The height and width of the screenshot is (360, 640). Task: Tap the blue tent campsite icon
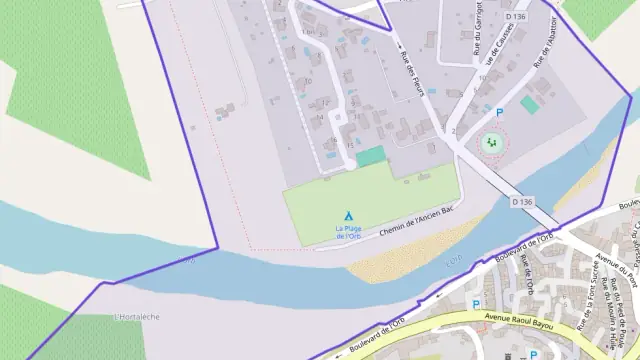348,216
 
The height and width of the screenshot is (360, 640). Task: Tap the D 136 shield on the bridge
521,202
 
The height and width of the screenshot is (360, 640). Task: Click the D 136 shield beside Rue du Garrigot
516,17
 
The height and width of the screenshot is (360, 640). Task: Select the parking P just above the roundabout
499,113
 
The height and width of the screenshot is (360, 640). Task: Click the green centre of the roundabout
491,143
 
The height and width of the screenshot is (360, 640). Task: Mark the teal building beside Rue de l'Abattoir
529,104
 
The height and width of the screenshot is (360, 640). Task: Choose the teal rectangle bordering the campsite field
370,157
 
